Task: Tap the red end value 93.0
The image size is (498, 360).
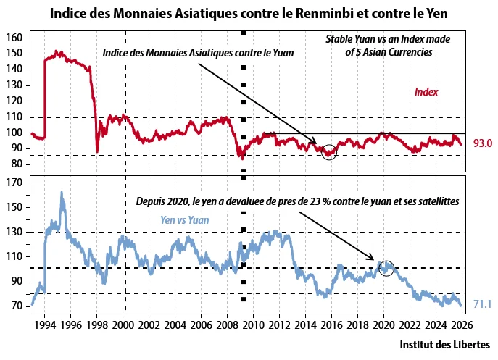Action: coord(482,143)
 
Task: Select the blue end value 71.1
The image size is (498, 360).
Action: coord(482,304)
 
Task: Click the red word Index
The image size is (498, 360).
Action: coord(426,92)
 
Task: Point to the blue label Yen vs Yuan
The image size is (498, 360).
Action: coord(185,220)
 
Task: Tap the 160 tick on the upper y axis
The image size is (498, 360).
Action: coord(17,38)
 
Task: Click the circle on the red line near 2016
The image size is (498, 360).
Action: coord(328,152)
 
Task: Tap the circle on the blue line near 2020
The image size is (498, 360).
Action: coord(386,267)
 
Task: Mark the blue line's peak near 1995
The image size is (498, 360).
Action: coord(62,193)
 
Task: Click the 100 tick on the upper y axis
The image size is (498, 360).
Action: coord(17,133)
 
